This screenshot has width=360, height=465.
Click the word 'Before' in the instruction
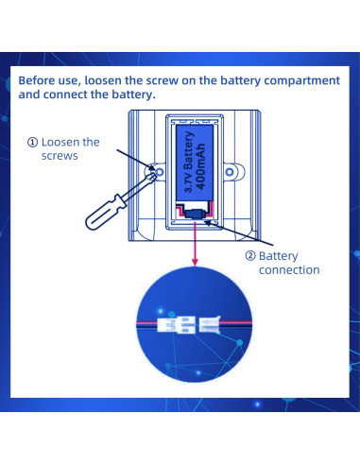[x=40, y=81]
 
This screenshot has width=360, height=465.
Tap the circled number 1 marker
[x=33, y=143]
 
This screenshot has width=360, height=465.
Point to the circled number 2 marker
[x=250, y=255]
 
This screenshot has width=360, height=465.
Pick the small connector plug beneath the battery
[x=195, y=215]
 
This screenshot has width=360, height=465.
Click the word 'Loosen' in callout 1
[x=63, y=143]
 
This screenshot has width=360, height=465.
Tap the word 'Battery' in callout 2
[x=278, y=255]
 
